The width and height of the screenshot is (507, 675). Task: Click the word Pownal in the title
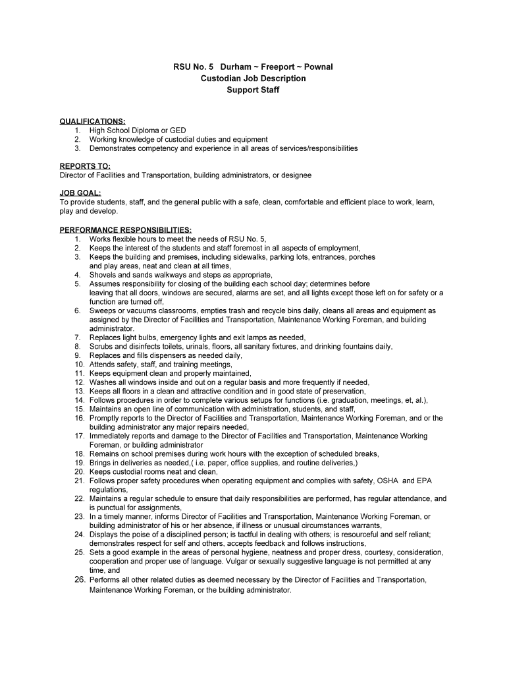318,67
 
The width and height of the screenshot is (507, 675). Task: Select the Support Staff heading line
254,90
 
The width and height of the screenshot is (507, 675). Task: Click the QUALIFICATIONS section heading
93,121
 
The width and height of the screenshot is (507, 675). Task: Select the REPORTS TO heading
85,166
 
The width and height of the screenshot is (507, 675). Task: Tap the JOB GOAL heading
80,193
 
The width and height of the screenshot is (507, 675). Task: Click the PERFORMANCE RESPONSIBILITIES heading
126,229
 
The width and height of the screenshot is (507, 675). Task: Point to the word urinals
198,346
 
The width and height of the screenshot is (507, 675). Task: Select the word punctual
113,508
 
